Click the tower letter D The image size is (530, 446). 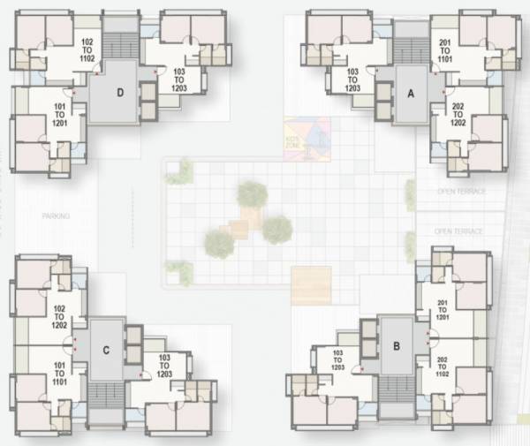pos(118,93)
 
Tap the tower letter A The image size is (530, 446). pos(410,93)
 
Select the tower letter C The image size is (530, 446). pos(106,351)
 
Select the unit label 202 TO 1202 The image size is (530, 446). pos(458,116)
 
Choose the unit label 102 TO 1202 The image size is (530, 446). pos(60,316)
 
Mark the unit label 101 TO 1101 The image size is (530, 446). pos(60,371)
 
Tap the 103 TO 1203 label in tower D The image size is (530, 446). pos(179,81)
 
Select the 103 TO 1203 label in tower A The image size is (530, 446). pos(353,81)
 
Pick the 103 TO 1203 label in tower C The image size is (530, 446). pos(165,366)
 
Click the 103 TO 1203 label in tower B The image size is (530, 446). pos(337,360)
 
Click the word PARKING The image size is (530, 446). pos(55,215)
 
